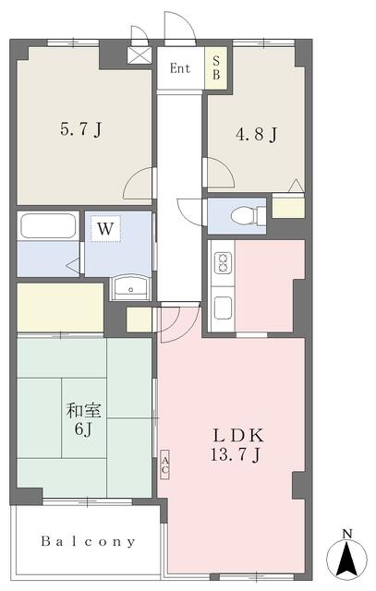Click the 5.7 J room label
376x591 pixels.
(x=81, y=130)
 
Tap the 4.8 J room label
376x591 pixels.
(x=257, y=134)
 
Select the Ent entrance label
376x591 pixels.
(x=180, y=68)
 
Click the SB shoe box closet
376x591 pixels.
(x=216, y=67)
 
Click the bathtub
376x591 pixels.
(x=48, y=225)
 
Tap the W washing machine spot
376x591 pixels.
(x=105, y=229)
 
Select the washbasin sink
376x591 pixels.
(x=130, y=287)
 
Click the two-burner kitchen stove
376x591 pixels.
(x=223, y=262)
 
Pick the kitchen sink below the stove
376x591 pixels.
(x=223, y=308)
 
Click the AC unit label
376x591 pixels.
(x=164, y=464)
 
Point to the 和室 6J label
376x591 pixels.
(x=84, y=418)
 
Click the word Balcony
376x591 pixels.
(x=88, y=542)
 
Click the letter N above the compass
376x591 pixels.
(x=347, y=534)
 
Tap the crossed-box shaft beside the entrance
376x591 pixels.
(x=139, y=55)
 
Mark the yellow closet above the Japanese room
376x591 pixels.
(x=60, y=308)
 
